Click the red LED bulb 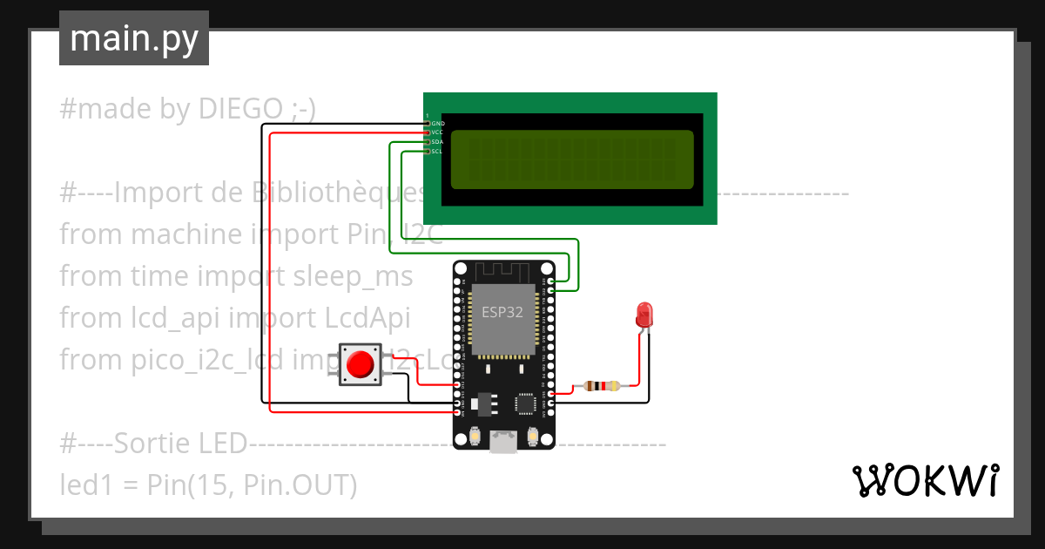tap(644, 315)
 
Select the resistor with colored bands tap(602, 385)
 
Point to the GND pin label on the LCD tap(438, 124)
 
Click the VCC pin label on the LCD tap(438, 132)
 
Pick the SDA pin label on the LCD tap(438, 142)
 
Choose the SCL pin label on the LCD tap(438, 152)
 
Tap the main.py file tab tap(133, 38)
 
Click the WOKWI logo tap(924, 480)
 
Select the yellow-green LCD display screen tap(572, 159)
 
